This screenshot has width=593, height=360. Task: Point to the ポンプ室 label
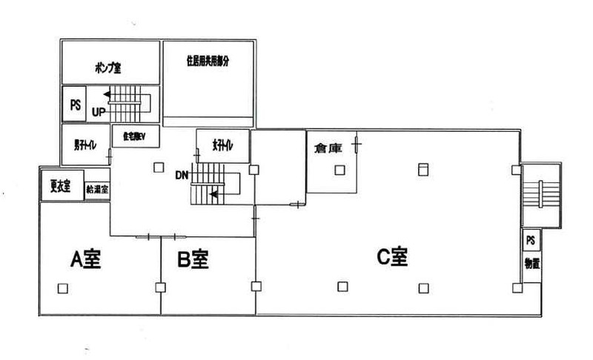[108, 67]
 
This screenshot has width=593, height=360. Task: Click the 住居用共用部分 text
[208, 62]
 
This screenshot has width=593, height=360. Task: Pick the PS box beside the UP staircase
[75, 104]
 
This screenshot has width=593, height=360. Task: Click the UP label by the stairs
[99, 113]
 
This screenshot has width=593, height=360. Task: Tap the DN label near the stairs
[182, 176]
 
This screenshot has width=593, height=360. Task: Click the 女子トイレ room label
[222, 147]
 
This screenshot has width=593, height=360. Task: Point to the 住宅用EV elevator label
[131, 136]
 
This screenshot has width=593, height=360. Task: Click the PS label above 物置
[531, 241]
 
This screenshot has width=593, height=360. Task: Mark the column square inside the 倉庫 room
[339, 170]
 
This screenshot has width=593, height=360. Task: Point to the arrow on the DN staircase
[215, 195]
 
